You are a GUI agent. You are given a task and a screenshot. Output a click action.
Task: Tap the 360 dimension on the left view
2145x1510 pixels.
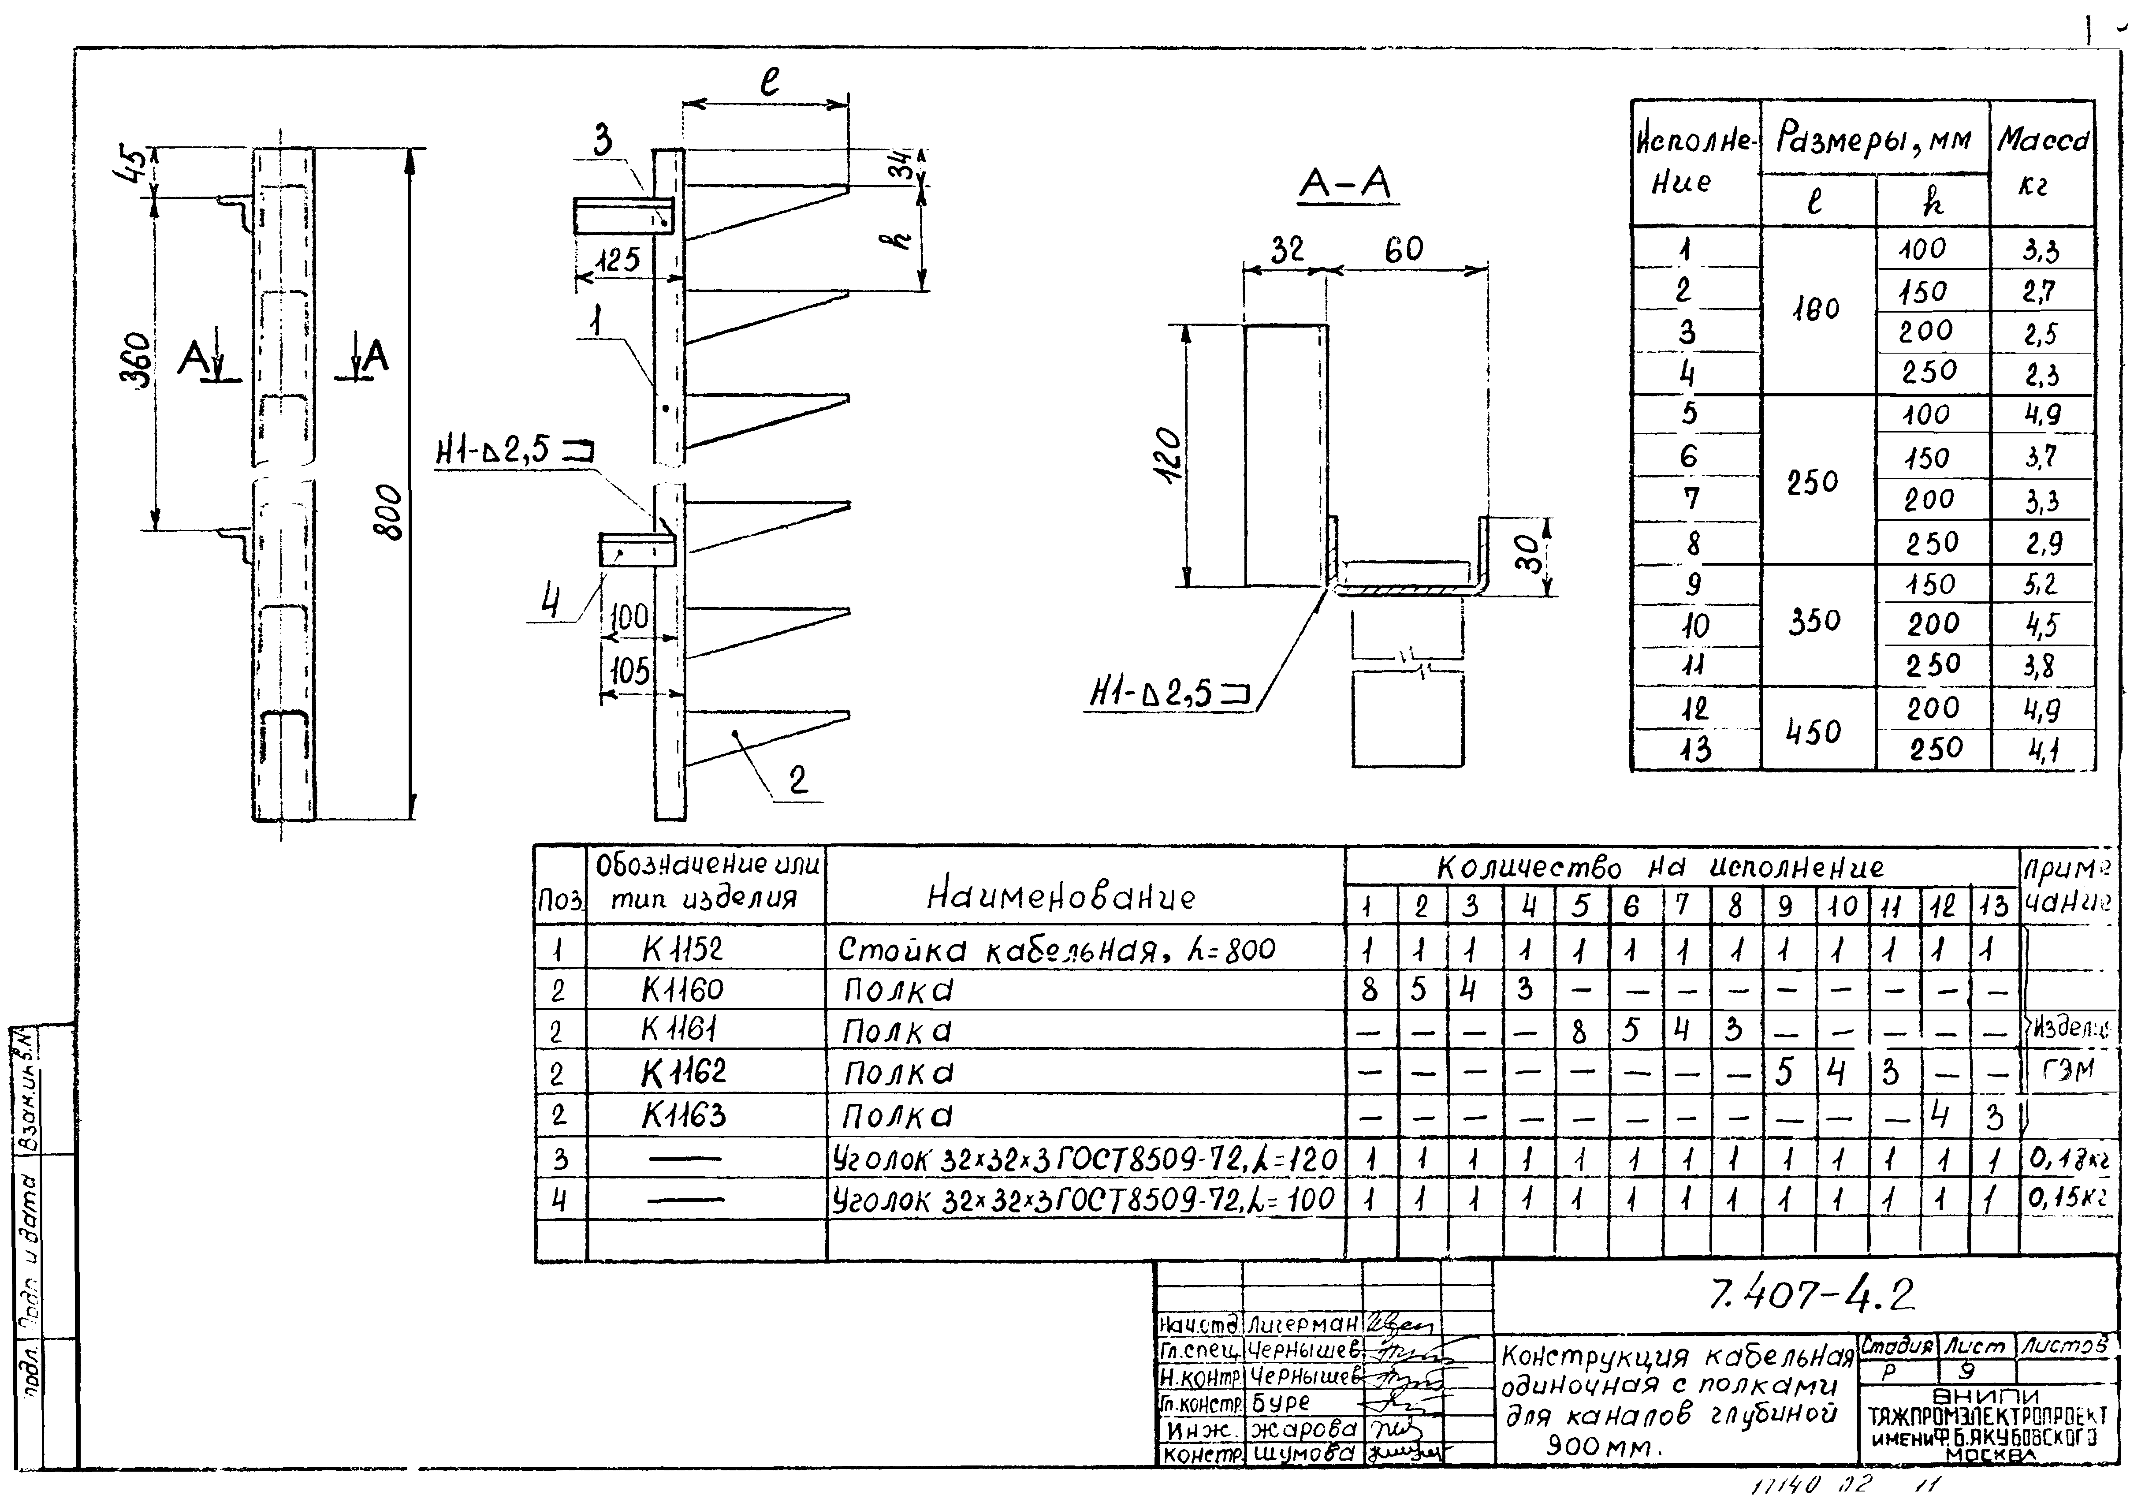136,360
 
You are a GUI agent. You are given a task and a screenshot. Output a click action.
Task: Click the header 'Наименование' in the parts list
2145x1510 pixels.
1060,897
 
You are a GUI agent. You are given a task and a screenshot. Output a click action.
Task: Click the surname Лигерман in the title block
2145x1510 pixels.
1302,1324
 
